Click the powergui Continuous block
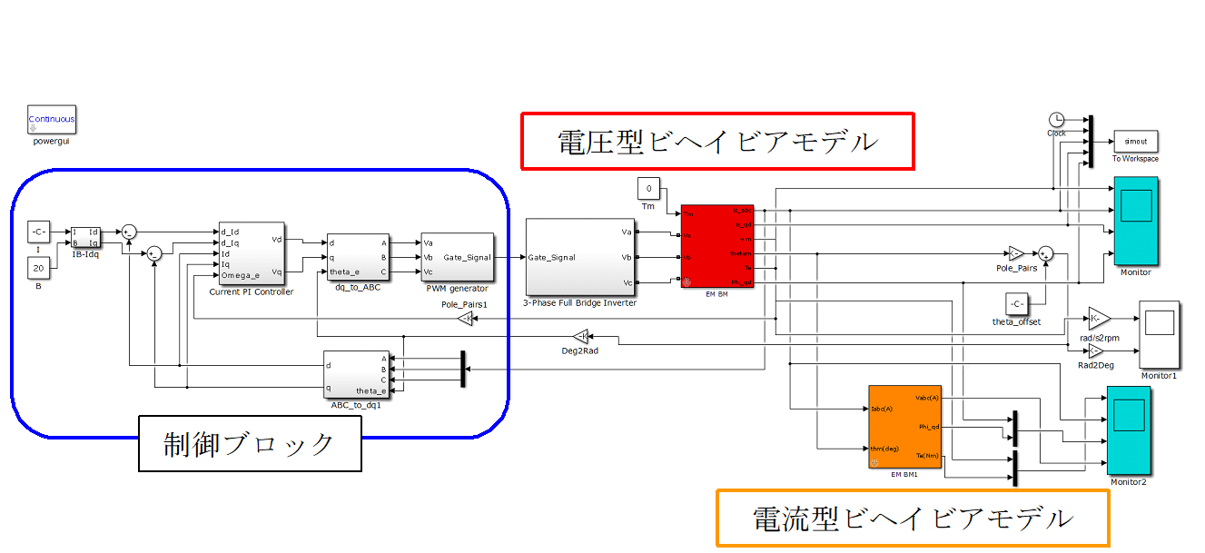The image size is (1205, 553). coord(52,119)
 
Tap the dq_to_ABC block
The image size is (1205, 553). coord(359,258)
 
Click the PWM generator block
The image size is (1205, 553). coord(456,258)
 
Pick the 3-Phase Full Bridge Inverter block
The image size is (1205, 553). coord(580,257)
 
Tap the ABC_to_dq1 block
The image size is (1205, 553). coord(355,373)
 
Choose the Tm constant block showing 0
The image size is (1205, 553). coord(648,189)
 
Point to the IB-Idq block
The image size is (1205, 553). coord(87,237)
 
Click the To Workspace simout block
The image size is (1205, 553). coord(1135,142)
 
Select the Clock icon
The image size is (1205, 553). coord(1056,120)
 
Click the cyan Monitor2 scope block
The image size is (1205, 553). coord(1128,430)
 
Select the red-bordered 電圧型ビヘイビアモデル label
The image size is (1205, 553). coord(717,141)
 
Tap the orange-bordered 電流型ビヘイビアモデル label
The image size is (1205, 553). coord(913,518)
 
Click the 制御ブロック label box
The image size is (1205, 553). coord(250,443)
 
